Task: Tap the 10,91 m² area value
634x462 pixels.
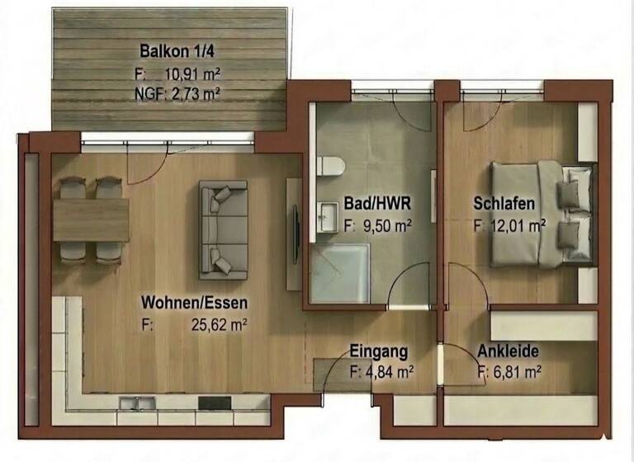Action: (x=192, y=73)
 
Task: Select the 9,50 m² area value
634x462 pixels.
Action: (x=386, y=224)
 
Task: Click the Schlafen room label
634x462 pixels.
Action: (x=504, y=204)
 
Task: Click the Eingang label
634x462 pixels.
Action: (x=379, y=351)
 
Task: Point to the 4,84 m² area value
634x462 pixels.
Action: (x=388, y=372)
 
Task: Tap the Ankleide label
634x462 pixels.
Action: (x=507, y=351)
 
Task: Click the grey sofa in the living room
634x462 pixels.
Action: (x=223, y=229)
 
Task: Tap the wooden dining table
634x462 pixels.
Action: (x=90, y=220)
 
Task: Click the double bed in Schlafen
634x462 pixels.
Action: (x=541, y=214)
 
